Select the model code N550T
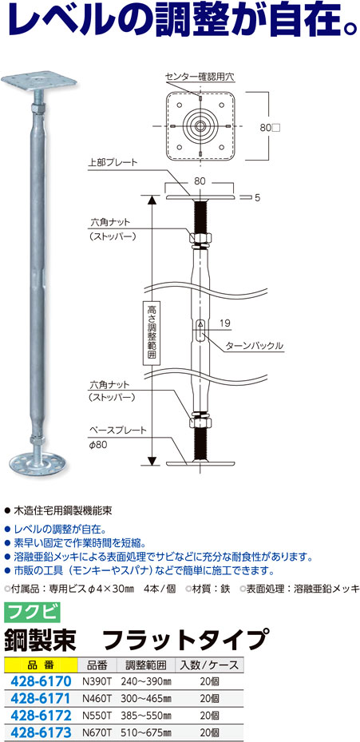click(x=97, y=715)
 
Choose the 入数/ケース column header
click(x=208, y=665)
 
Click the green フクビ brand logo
click(x=32, y=613)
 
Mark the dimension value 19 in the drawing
click(x=225, y=323)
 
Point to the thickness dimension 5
click(x=257, y=199)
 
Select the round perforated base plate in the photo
click(x=37, y=462)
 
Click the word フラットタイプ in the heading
click(x=182, y=640)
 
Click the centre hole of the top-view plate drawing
click(x=201, y=126)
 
